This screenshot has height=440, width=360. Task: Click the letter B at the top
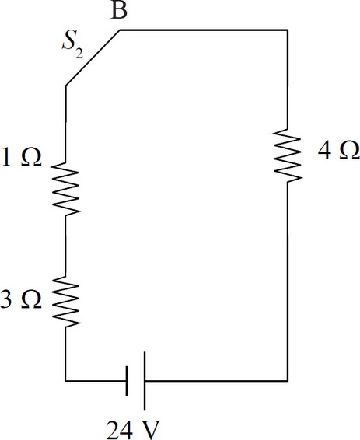click(119, 10)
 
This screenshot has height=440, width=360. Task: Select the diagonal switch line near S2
click(93, 58)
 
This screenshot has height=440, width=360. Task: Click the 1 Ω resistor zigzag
click(66, 189)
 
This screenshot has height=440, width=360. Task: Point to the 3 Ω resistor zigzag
click(66, 302)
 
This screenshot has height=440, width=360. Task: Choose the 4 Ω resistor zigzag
click(288, 155)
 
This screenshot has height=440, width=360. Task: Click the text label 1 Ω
click(21, 158)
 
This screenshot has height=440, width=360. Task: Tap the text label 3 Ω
click(21, 299)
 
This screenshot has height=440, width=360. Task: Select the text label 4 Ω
click(339, 150)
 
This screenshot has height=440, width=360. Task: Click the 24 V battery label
click(133, 430)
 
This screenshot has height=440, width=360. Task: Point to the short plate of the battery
click(127, 381)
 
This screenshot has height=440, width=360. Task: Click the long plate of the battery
click(145, 381)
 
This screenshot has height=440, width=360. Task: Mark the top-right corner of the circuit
click(288, 30)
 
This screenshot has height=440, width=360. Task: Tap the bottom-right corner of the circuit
click(288, 381)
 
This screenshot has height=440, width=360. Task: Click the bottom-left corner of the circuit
click(65, 381)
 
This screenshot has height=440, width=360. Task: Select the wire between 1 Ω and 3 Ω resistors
click(65, 246)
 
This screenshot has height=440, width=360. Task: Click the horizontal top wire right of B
click(204, 30)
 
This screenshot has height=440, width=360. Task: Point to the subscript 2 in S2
click(79, 54)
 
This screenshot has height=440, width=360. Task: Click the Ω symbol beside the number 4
click(349, 150)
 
